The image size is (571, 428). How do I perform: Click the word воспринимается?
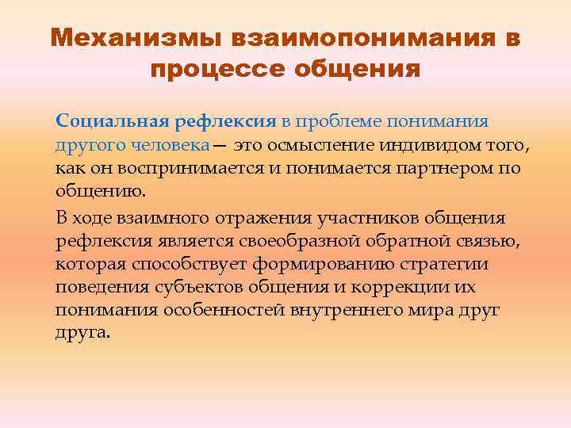(x=173, y=169)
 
